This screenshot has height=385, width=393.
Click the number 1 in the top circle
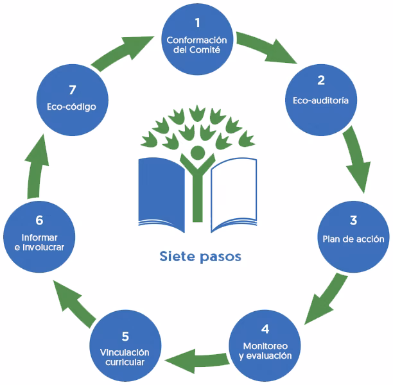tap(198, 23)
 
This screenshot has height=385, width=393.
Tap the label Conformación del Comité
tap(197, 45)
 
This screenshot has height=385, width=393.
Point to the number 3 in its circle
tap(353, 221)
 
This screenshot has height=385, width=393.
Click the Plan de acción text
tap(353, 239)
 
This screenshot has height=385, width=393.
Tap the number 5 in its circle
tap(125, 336)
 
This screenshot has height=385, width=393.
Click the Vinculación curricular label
tap(125, 357)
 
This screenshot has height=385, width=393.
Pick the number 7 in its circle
tap(71, 88)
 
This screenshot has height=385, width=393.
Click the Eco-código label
tap(71, 107)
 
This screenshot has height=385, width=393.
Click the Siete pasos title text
tap(200, 257)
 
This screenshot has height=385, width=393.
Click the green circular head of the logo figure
tap(198, 153)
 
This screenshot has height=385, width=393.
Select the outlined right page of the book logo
tap(234, 193)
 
